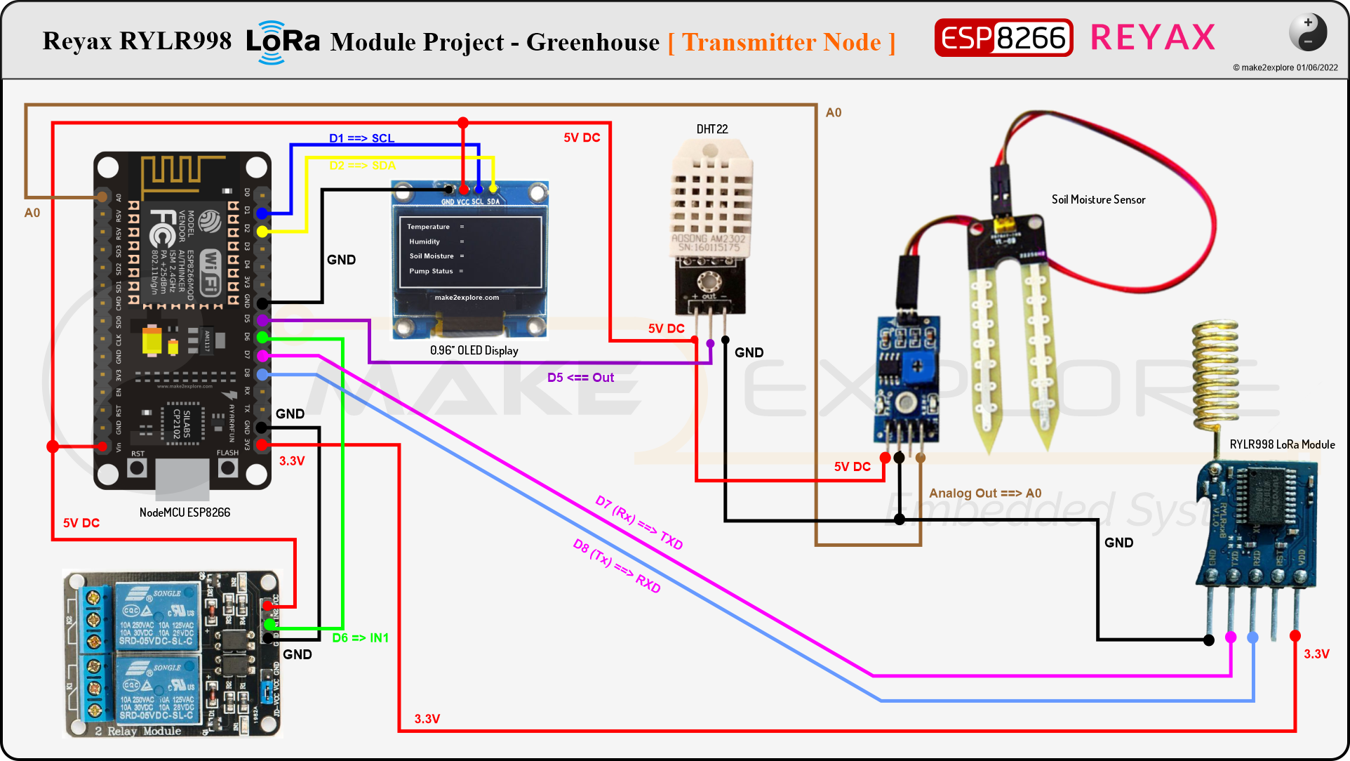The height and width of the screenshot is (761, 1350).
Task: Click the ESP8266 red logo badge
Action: point(1003,38)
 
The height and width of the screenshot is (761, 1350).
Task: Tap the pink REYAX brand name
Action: point(1152,38)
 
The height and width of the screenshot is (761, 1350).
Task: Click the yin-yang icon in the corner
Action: point(1307,32)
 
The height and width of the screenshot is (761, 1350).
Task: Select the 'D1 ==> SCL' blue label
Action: point(361,138)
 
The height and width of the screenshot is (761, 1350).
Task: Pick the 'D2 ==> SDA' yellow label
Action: point(362,166)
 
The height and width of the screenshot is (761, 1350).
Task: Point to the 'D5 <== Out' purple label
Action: point(580,378)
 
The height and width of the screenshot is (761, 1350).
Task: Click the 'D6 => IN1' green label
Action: point(360,638)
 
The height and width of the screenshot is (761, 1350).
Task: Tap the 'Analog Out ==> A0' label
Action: point(984,494)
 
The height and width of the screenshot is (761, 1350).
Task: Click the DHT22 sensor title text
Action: point(711,129)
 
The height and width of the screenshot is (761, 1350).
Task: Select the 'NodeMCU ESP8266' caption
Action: point(185,512)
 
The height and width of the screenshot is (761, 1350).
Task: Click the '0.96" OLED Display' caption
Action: point(474,350)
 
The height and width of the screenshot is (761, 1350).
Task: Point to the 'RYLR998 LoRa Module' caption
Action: point(1282,444)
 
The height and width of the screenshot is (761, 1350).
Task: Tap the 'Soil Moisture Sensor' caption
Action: point(1098,199)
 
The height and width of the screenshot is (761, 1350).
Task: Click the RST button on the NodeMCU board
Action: point(138,467)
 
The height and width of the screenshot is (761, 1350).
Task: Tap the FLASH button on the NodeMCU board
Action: point(227,467)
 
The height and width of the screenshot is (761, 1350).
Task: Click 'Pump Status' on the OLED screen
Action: point(431,271)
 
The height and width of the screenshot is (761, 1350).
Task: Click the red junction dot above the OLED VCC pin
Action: point(463,123)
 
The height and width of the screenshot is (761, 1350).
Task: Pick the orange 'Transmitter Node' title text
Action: point(782,42)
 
